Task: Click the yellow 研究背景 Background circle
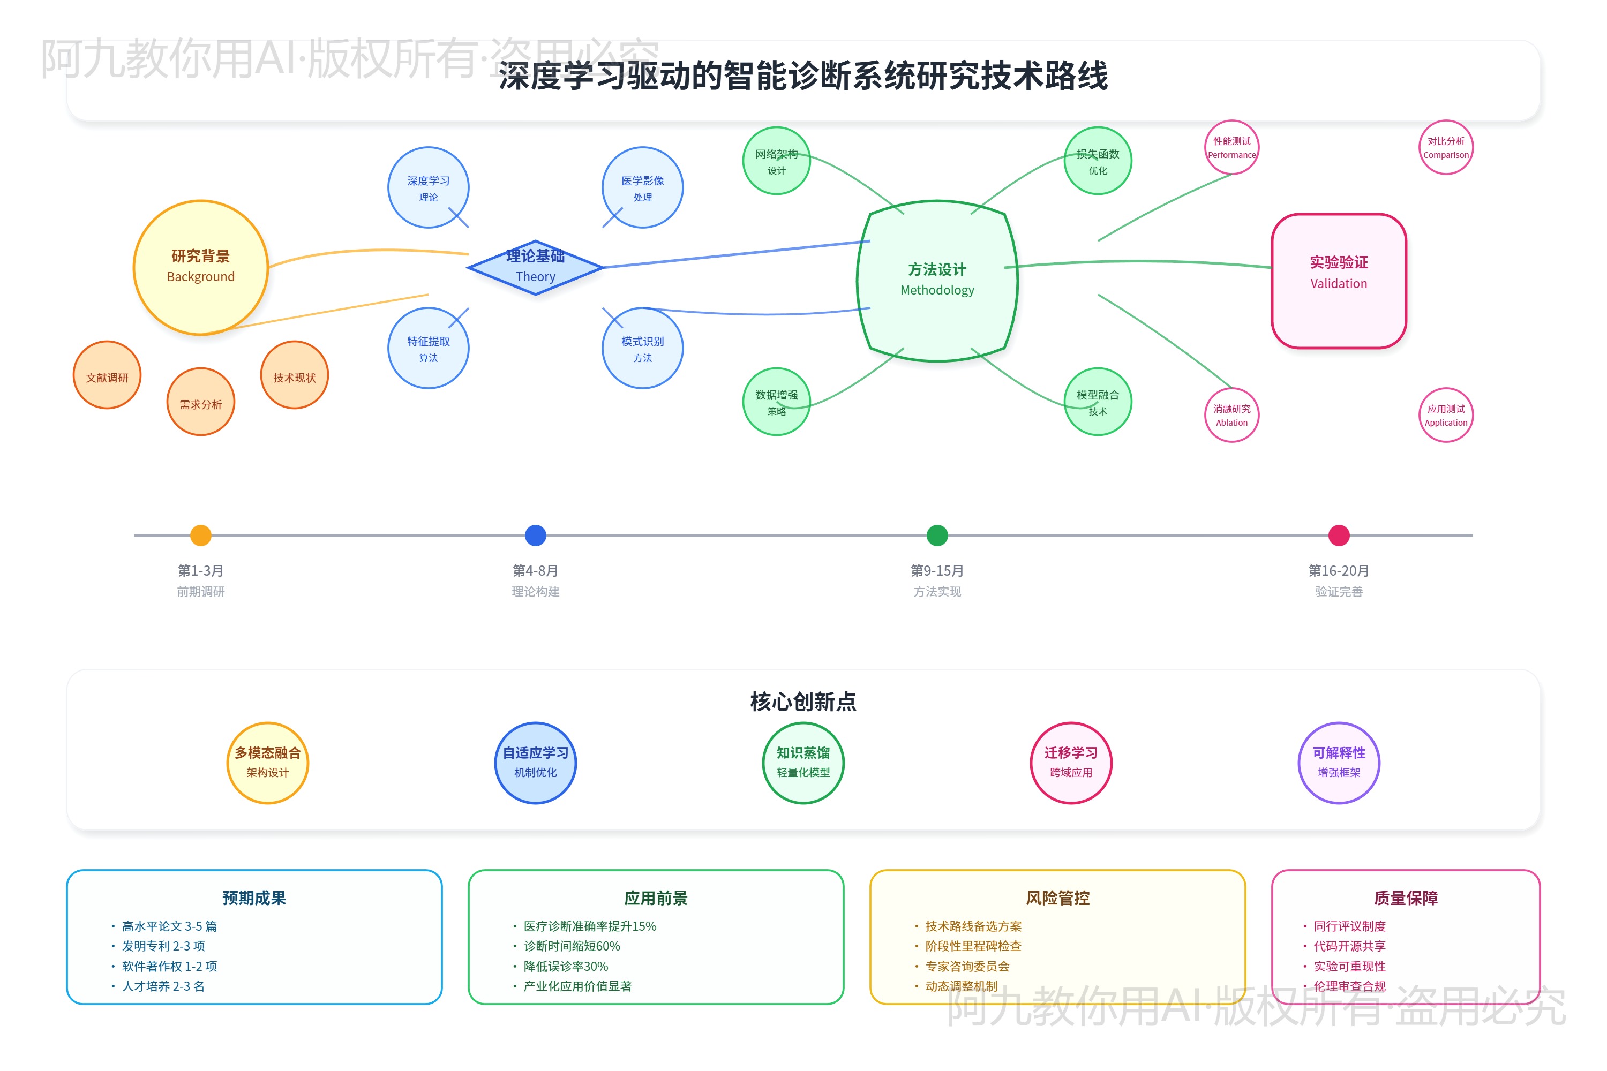point(200,267)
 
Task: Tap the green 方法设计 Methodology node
point(937,280)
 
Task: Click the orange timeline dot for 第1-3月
point(200,535)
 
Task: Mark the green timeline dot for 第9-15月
point(937,535)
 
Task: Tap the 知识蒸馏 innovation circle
point(803,762)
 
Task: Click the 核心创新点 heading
point(803,702)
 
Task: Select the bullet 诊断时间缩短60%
point(572,946)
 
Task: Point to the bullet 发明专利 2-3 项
point(163,946)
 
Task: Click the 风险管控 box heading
point(1057,897)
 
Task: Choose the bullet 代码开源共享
point(1349,946)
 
